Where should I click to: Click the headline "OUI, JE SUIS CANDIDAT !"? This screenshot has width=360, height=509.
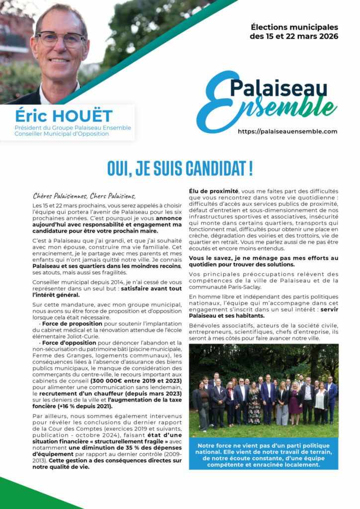tap(180, 169)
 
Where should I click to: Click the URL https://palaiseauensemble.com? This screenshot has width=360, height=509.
tap(287, 132)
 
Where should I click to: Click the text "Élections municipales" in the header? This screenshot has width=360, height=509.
tap(294, 27)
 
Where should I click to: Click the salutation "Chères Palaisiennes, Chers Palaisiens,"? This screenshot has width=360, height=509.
tap(84, 195)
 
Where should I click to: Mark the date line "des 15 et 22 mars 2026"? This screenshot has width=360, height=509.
tap(294, 36)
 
